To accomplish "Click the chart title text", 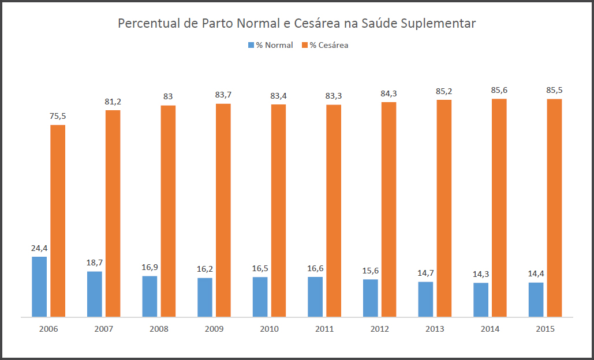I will tap(297, 24).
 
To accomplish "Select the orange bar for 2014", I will tap(499, 208).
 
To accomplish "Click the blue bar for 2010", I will tap(260, 297).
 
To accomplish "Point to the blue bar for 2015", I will tap(536, 299).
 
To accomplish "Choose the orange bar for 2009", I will tap(223, 210).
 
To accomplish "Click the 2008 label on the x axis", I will tap(159, 329).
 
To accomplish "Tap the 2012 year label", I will tap(380, 329).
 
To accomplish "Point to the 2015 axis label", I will tap(545, 329).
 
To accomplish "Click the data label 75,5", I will tap(58, 116).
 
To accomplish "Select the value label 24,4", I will tap(39, 248).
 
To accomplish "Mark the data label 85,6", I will tap(499, 90).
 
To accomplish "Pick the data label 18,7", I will tap(95, 262).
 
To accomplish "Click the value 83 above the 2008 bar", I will tap(168, 96).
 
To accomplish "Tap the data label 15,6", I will tap(370, 271).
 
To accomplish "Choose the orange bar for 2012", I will tap(388, 209).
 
